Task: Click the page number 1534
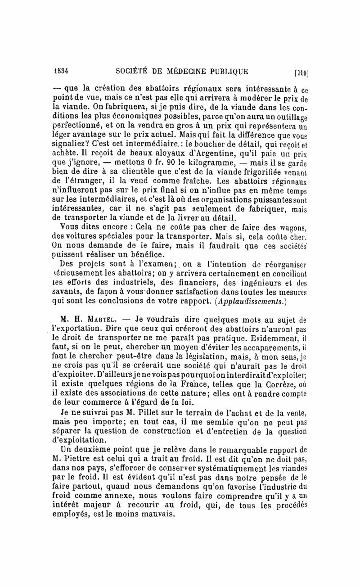[x=59, y=70]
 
